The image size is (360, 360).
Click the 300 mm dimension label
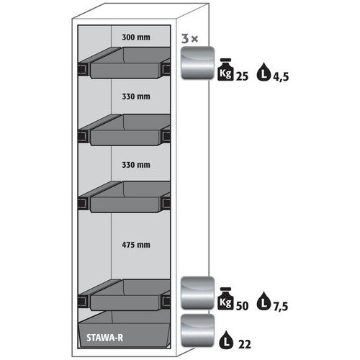point(136,37)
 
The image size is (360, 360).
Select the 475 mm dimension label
point(136,245)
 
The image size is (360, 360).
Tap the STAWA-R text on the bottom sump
point(104,338)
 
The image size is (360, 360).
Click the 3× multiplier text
point(189,39)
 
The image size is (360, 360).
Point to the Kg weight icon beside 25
point(225,69)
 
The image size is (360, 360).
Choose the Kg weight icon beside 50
point(225,298)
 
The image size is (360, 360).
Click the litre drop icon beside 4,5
point(264,72)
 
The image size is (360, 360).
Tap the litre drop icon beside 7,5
point(264,301)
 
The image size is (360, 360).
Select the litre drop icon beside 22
point(226,340)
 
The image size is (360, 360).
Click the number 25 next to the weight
point(242,76)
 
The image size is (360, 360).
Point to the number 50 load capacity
point(242,306)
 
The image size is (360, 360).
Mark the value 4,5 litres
point(281,77)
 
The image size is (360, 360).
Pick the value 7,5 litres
point(281,307)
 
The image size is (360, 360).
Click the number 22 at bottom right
point(245,345)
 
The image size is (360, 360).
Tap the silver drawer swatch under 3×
point(197,63)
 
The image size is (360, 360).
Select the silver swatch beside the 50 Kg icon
point(197,292)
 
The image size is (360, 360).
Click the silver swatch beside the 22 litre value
point(197,330)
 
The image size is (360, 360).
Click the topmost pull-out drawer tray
point(125,63)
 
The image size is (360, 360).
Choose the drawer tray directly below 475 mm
point(125,294)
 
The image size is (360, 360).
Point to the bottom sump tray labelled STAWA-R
point(125,329)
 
